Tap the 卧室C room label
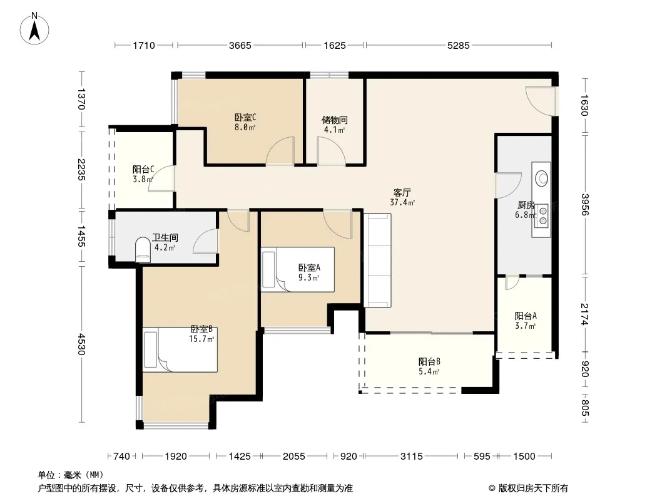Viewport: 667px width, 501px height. click(245, 117)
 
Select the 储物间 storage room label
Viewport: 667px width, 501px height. click(334, 120)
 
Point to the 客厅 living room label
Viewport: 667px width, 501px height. click(402, 193)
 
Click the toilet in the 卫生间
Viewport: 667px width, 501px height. click(143, 250)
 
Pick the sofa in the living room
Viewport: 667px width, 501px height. click(377, 260)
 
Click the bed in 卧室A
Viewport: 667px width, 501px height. click(297, 269)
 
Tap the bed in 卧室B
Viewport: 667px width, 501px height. click(180, 349)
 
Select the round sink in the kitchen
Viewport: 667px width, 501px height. click(542, 178)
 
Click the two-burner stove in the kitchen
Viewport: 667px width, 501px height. click(542, 215)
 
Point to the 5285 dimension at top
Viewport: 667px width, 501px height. click(459, 45)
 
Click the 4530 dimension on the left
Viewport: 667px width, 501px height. click(82, 344)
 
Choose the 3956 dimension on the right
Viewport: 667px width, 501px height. click(585, 205)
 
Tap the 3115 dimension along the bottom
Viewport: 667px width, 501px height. click(411, 457)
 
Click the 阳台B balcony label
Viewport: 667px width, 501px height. click(429, 362)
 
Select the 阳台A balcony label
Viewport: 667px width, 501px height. click(526, 316)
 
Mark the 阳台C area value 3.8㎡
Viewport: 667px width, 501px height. click(143, 180)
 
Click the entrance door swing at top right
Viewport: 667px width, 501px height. click(540, 101)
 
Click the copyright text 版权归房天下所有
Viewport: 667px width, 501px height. click(533, 488)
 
